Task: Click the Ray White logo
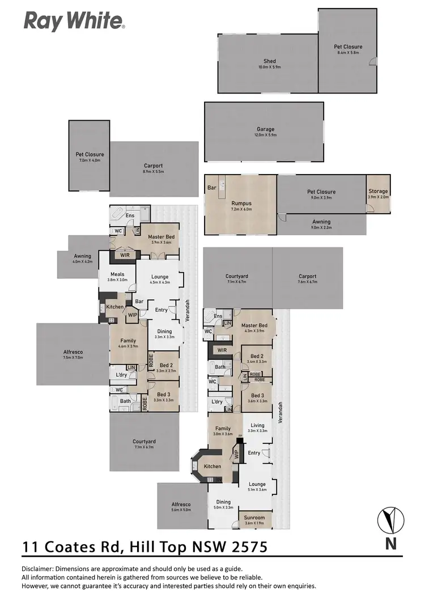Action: point(74,22)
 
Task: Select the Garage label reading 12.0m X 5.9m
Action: point(264,132)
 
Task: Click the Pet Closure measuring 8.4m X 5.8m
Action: point(348,49)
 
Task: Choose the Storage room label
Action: point(378,194)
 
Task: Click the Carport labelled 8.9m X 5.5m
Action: point(154,168)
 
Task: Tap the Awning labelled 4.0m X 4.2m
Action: point(82,258)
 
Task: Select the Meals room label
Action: point(117,276)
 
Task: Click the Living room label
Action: point(258,428)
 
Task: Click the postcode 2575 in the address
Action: point(246,547)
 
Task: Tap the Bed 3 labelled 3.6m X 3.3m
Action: point(257,398)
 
